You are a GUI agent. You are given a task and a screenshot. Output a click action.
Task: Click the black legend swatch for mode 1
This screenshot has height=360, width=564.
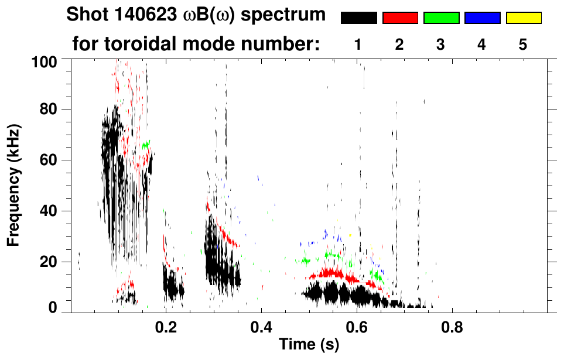359,18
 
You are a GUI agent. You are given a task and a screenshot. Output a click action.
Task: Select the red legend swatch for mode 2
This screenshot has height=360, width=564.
400,18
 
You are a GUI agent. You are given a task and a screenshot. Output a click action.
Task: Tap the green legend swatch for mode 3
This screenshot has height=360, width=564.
441,18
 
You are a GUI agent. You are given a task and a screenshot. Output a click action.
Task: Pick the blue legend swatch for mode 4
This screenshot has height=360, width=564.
482,18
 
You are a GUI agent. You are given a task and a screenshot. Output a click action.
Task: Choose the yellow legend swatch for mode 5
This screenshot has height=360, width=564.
524,18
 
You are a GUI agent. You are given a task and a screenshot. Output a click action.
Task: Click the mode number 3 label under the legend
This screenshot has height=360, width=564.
440,45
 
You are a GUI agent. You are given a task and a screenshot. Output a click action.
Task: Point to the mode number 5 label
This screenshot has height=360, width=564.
523,45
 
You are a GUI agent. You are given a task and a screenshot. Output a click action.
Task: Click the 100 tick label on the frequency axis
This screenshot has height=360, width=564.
44,61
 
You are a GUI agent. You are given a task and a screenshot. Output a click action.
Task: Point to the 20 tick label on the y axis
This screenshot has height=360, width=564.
48,262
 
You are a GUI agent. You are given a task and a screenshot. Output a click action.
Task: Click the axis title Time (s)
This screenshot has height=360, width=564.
309,344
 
